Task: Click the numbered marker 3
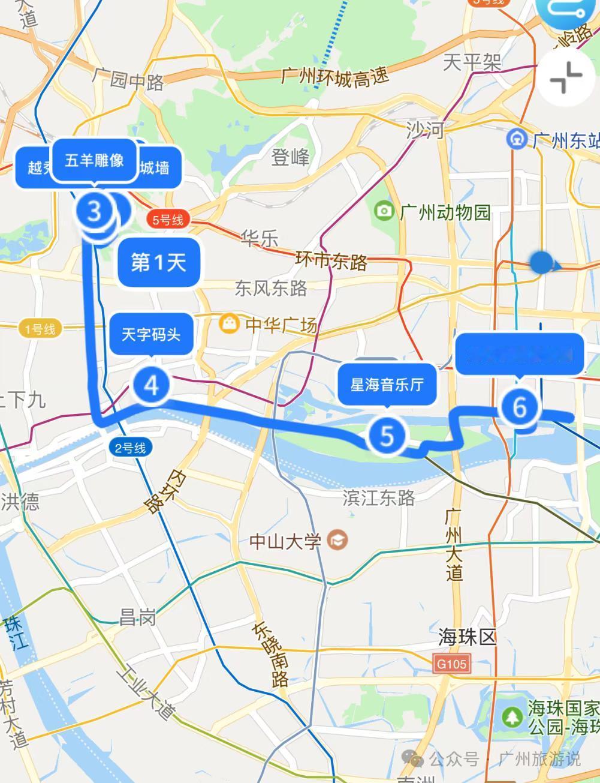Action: (x=94, y=211)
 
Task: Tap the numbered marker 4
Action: (x=152, y=385)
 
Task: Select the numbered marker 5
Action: (x=387, y=436)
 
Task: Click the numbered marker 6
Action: (x=519, y=407)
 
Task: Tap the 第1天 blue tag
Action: (x=159, y=262)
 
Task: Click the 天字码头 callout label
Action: (x=151, y=334)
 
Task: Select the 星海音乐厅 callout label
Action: (x=387, y=384)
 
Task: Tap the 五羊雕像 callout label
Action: (x=94, y=160)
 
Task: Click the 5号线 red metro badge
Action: (x=167, y=220)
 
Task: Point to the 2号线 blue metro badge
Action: (x=130, y=448)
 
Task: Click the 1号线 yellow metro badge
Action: (x=40, y=329)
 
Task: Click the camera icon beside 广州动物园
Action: (x=384, y=211)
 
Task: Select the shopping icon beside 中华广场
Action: (x=228, y=324)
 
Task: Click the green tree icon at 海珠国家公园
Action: (x=512, y=716)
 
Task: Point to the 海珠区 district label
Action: (x=468, y=637)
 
